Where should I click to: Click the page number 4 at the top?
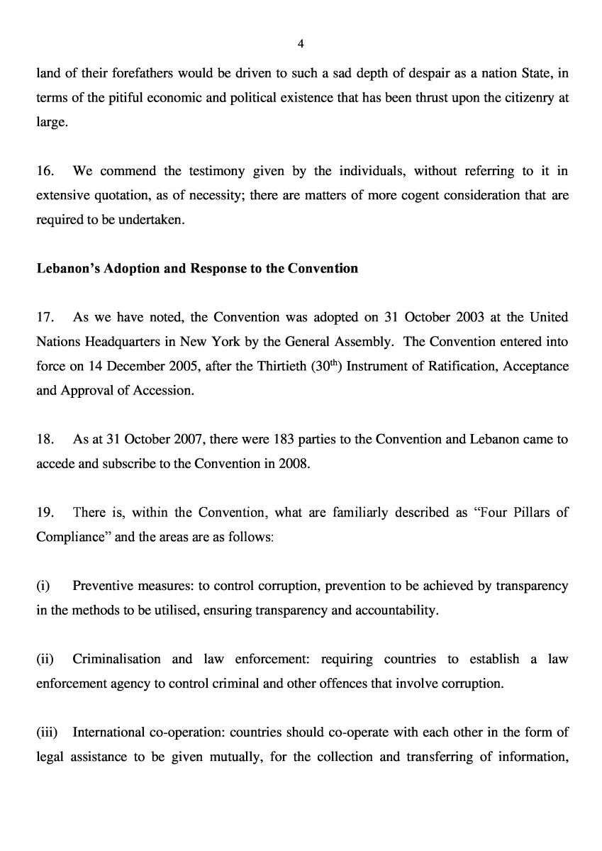(301, 44)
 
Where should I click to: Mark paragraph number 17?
(45, 318)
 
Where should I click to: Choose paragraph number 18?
(45, 440)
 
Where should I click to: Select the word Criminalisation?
(117, 660)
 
